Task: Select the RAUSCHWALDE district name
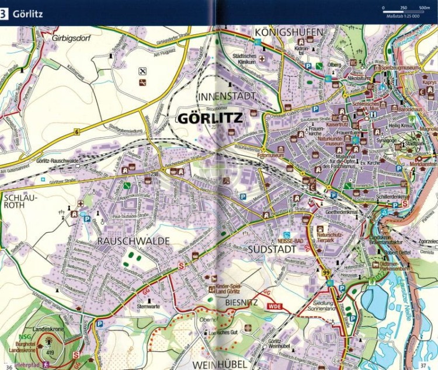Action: coord(134,240)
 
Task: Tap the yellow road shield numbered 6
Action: coord(77,132)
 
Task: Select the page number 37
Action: coord(423,366)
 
